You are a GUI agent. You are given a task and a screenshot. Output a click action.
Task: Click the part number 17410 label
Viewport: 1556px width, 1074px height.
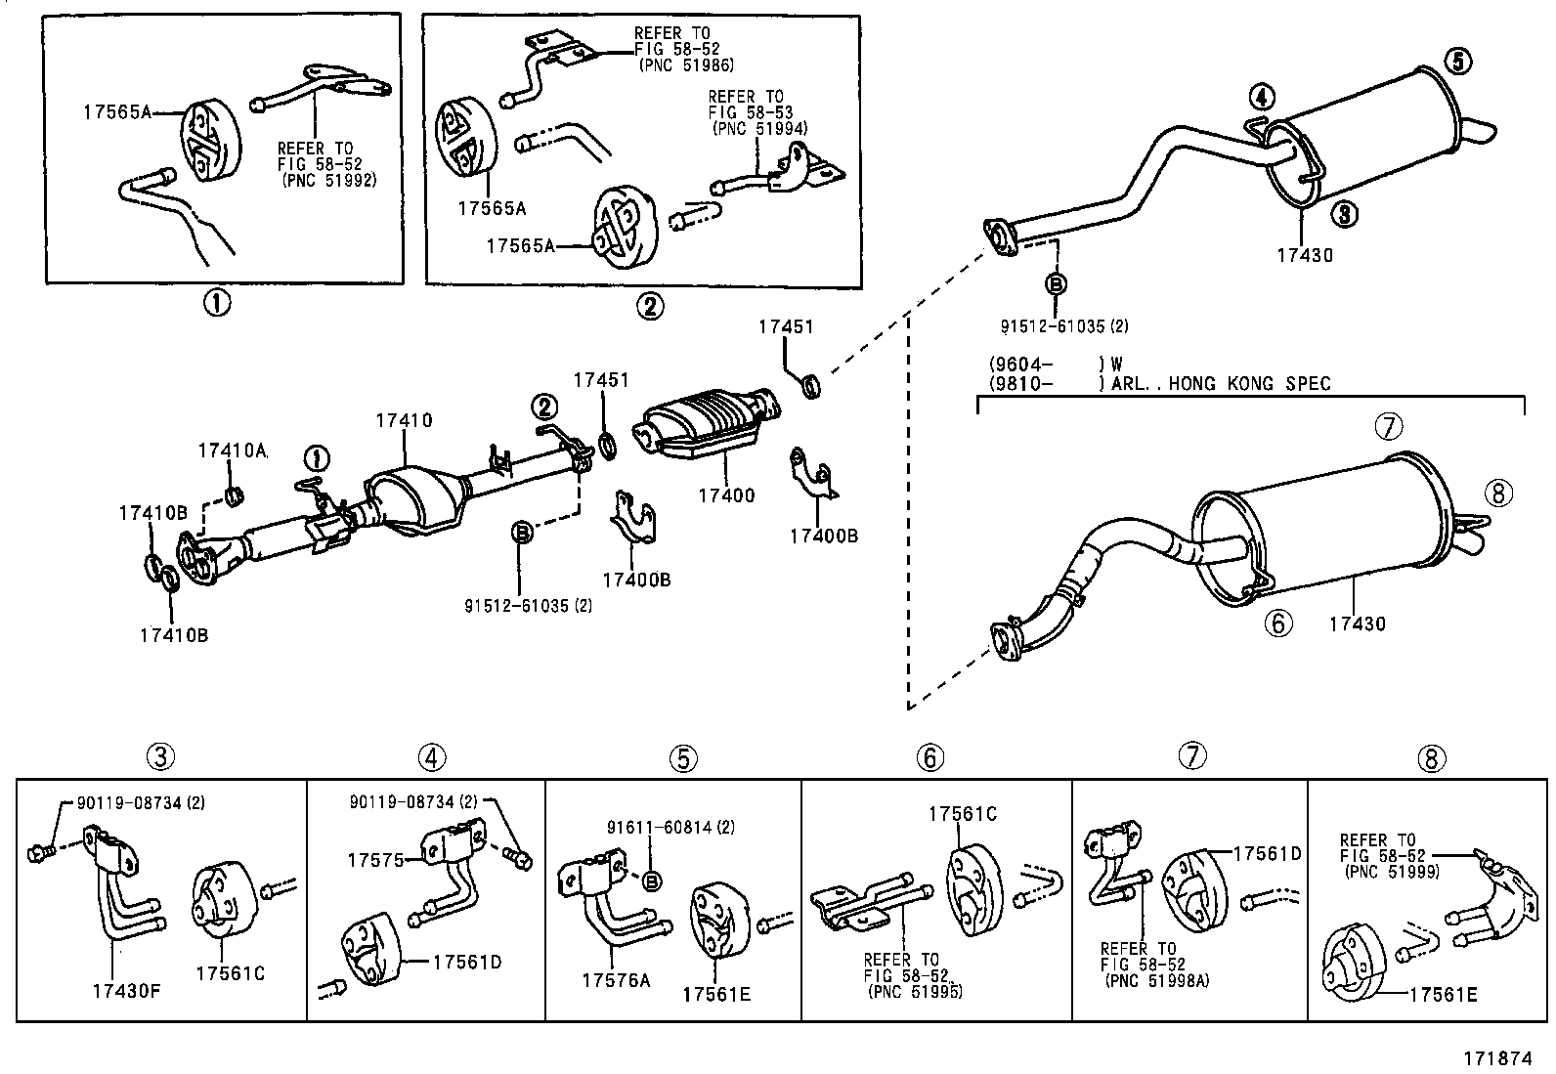coord(404,420)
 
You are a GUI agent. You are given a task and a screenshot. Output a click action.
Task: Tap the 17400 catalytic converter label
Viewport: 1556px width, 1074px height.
coord(726,495)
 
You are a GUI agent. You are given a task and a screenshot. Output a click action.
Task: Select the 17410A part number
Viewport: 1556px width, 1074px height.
coord(233,450)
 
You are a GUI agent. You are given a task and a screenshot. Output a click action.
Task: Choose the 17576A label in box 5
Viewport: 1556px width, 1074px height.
coord(616,979)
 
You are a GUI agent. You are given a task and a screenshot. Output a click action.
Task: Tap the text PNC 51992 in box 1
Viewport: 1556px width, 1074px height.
coord(329,181)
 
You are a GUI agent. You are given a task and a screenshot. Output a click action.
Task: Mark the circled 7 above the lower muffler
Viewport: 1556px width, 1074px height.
coord(1390,426)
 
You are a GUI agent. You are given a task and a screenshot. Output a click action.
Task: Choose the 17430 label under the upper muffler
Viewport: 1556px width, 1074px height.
coord(1304,255)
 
